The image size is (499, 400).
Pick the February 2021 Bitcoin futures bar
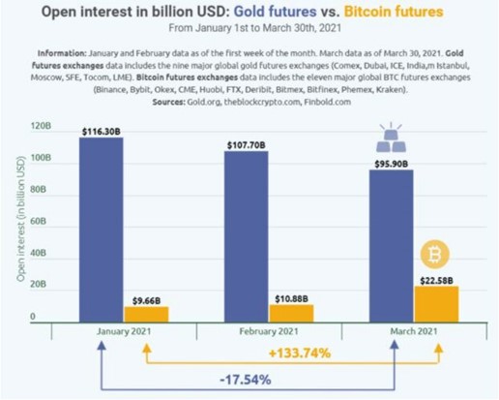291,313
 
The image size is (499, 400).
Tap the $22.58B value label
436,279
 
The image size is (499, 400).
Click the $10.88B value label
291,298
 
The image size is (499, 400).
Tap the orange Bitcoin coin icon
434,255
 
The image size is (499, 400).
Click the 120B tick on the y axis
41,127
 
